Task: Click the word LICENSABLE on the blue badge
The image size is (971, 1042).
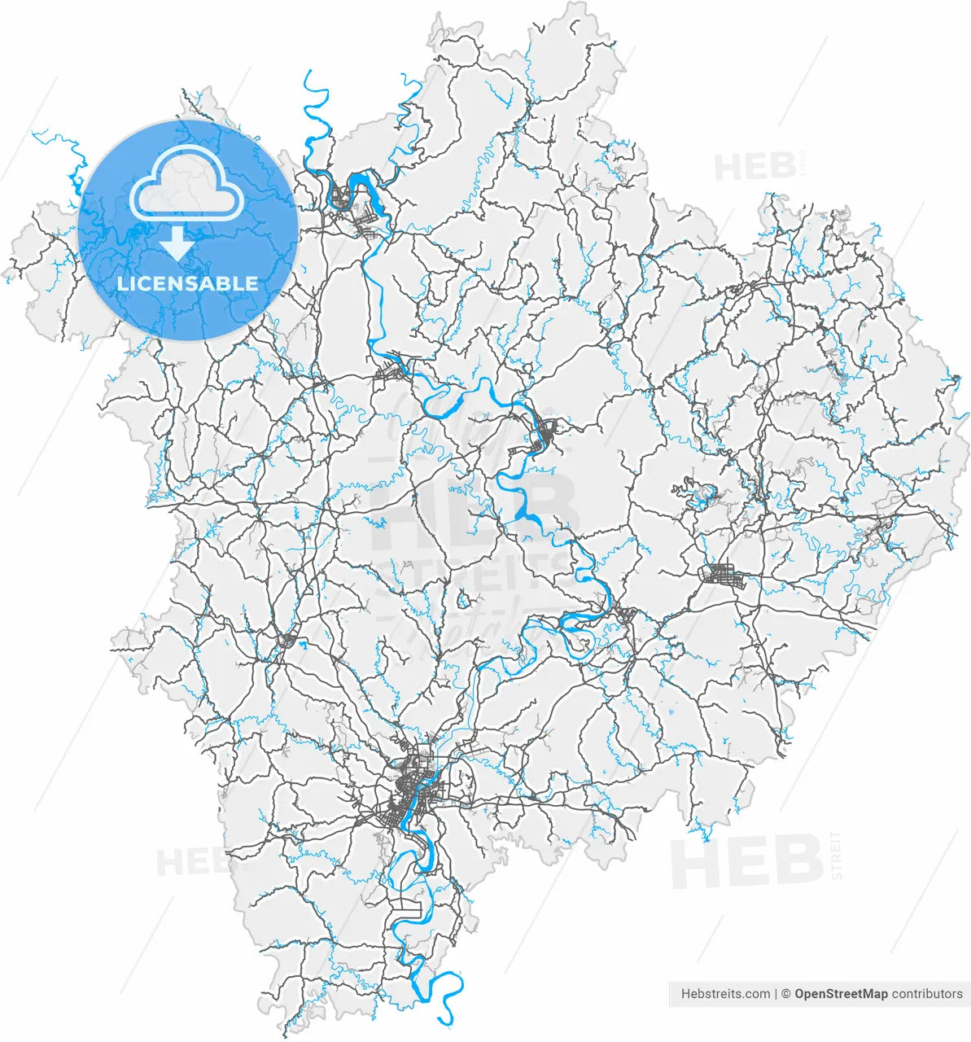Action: [188, 283]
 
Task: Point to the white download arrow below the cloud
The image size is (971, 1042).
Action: [176, 242]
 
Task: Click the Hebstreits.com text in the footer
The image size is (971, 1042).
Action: [725, 994]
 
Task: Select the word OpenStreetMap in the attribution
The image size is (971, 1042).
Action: [841, 994]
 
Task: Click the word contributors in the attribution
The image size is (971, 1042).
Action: [927, 994]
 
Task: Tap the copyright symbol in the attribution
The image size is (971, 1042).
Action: [785, 994]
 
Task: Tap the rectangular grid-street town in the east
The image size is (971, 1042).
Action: [722, 576]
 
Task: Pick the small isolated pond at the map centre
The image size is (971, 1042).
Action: [463, 602]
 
